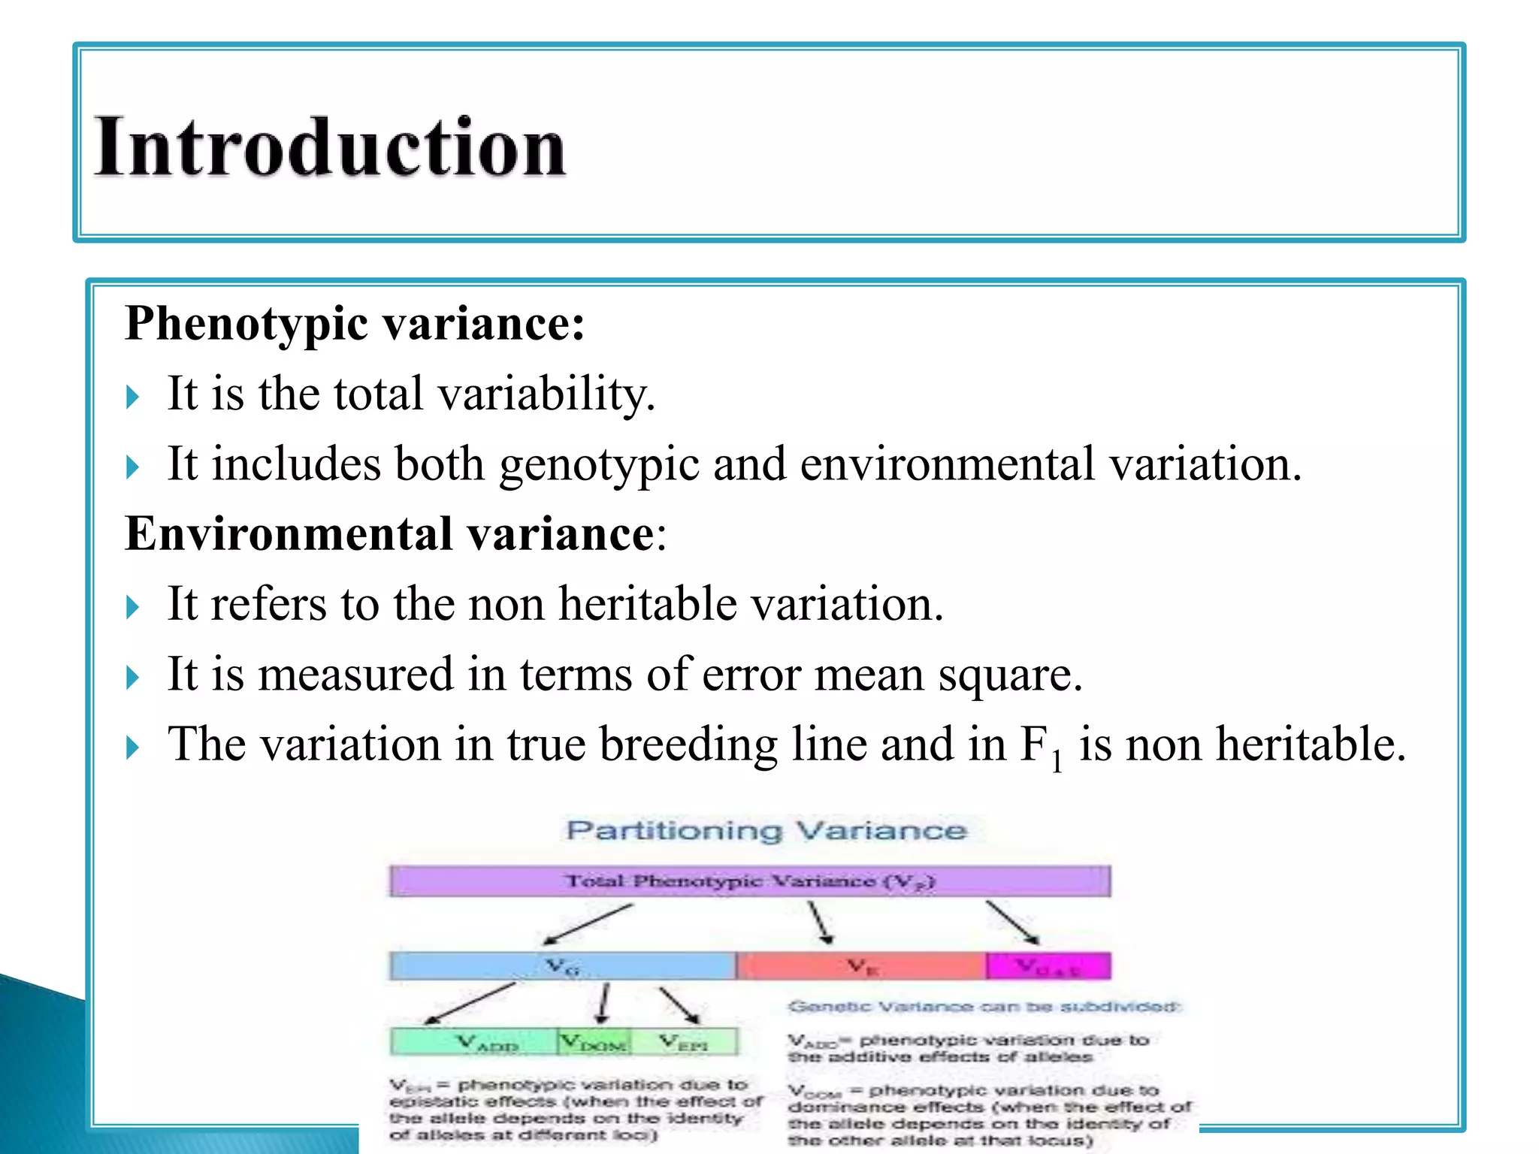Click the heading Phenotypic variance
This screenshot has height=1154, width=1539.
[354, 324]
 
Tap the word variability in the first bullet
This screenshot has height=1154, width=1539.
[546, 394]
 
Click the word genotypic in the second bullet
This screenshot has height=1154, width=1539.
[599, 464]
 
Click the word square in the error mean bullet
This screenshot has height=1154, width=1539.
[1009, 674]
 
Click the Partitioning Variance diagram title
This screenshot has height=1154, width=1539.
[766, 830]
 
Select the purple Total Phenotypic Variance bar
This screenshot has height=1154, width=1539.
[749, 881]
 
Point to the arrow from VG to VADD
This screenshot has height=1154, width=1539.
[470, 1003]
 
